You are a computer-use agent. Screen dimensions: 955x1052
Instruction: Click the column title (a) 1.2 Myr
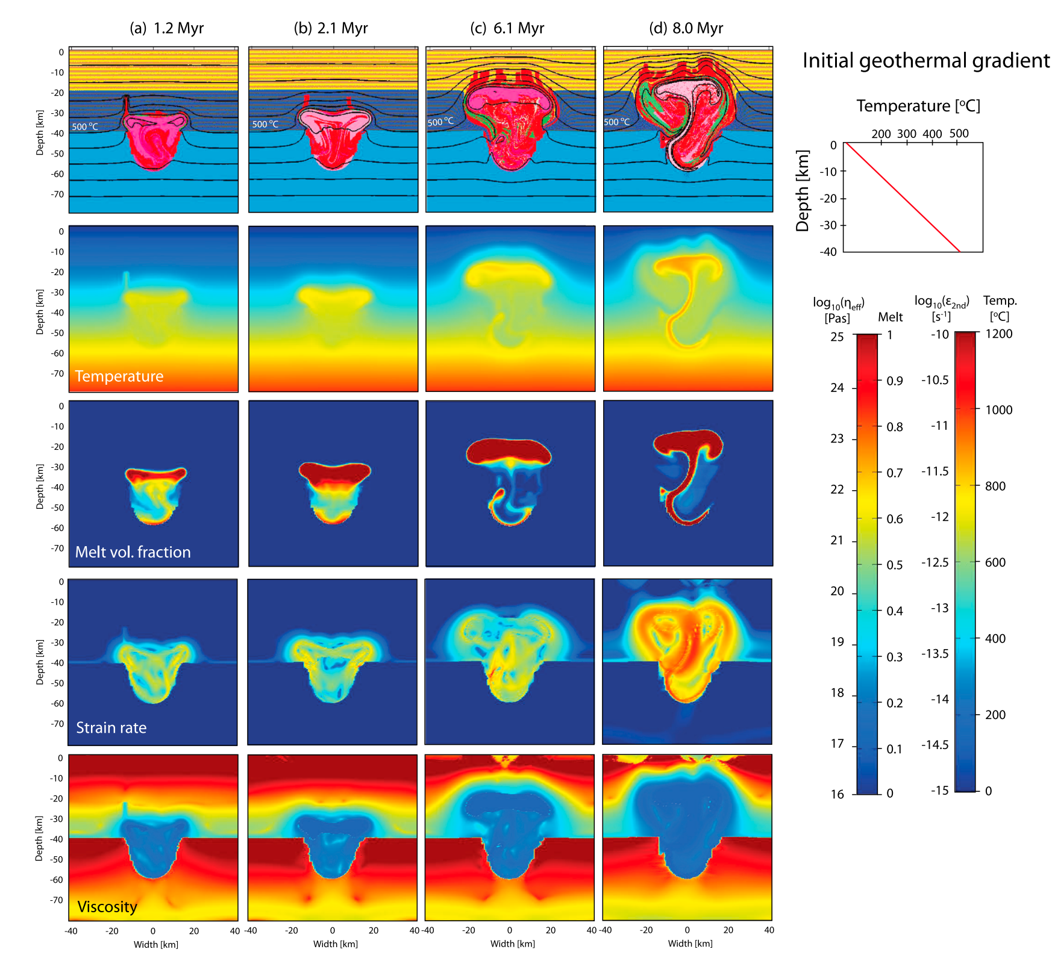click(x=167, y=28)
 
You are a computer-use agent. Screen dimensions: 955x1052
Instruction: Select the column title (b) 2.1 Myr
click(x=331, y=28)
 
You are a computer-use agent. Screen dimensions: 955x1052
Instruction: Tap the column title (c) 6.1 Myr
click(x=507, y=28)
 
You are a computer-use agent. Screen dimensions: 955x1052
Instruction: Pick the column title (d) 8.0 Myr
click(x=686, y=28)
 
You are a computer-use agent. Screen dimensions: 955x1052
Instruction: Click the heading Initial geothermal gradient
click(x=926, y=61)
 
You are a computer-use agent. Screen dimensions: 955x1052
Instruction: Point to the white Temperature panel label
click(x=119, y=376)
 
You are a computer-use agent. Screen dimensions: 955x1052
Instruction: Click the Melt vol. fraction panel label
click(x=133, y=552)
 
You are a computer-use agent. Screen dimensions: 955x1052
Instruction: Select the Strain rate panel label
click(x=111, y=728)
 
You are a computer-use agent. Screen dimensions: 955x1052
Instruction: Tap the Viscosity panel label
click(x=107, y=907)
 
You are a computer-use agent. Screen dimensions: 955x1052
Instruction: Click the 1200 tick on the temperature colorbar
click(x=998, y=334)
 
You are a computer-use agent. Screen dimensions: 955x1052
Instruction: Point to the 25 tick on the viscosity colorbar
click(x=838, y=337)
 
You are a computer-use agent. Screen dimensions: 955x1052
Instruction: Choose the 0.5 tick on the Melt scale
click(x=895, y=565)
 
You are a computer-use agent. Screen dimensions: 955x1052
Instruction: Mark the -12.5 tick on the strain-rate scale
click(x=935, y=562)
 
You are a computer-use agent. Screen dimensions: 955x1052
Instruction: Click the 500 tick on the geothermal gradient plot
click(x=959, y=134)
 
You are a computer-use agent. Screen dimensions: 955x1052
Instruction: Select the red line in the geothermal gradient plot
click(x=902, y=198)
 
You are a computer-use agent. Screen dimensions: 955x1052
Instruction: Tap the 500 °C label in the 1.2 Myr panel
click(x=85, y=126)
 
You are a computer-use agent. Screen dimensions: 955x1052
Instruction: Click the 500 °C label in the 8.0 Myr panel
click(x=617, y=122)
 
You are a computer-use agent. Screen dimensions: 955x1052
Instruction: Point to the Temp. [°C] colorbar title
click(x=1000, y=308)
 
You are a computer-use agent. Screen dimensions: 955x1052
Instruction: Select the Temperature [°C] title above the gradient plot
click(x=918, y=106)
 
